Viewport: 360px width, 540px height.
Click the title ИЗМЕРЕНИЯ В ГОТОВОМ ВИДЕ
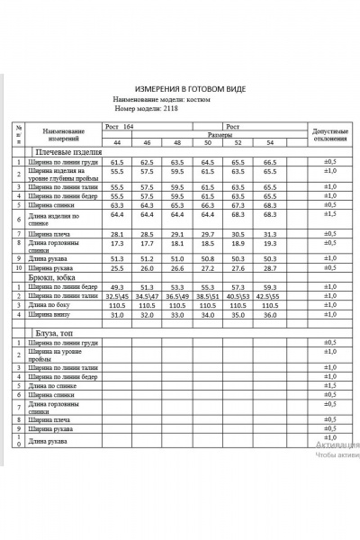point(188,91)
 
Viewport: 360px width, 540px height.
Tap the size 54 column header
point(269,144)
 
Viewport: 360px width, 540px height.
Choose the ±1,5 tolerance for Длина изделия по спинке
point(329,214)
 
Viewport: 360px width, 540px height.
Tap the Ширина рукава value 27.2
point(209,268)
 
